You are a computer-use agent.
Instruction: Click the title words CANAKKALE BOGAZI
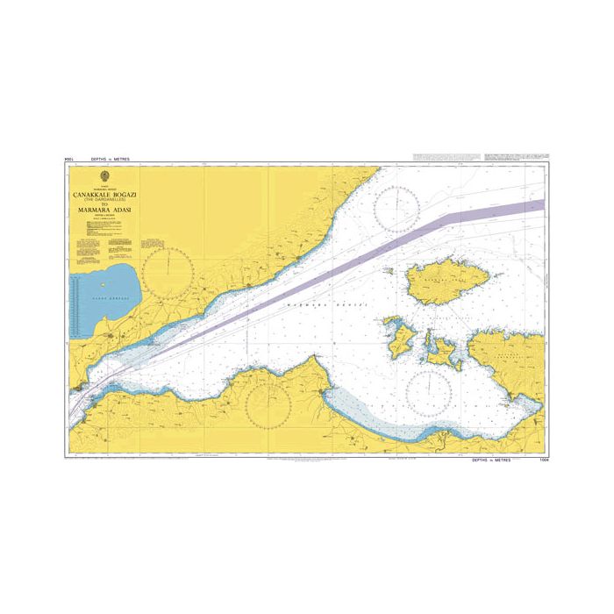tap(105, 193)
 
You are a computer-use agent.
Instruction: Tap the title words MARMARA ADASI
tap(105, 211)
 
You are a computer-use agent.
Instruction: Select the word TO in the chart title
tap(105, 203)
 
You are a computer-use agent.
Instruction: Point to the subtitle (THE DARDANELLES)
tap(105, 198)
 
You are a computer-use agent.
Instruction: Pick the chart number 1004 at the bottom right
tap(540, 459)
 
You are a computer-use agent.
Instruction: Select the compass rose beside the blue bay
tap(168, 272)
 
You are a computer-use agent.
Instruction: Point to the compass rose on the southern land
tap(269, 404)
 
